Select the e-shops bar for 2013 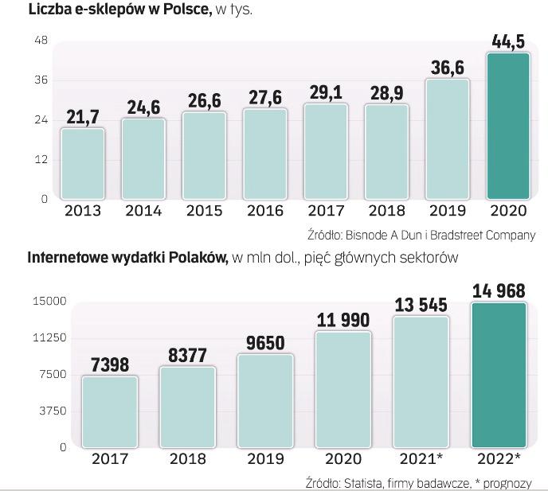click(82, 163)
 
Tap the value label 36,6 click(447, 68)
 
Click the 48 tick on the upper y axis click(41, 41)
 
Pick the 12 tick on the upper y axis click(41, 159)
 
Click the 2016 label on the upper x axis click(265, 212)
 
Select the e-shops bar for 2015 click(204, 155)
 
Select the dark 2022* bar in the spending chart click(499, 374)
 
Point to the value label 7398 click(110, 364)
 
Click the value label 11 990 click(342, 320)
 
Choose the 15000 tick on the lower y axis click(49, 302)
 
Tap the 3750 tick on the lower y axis click(52, 411)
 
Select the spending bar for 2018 click(188, 407)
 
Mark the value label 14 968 click(499, 291)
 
